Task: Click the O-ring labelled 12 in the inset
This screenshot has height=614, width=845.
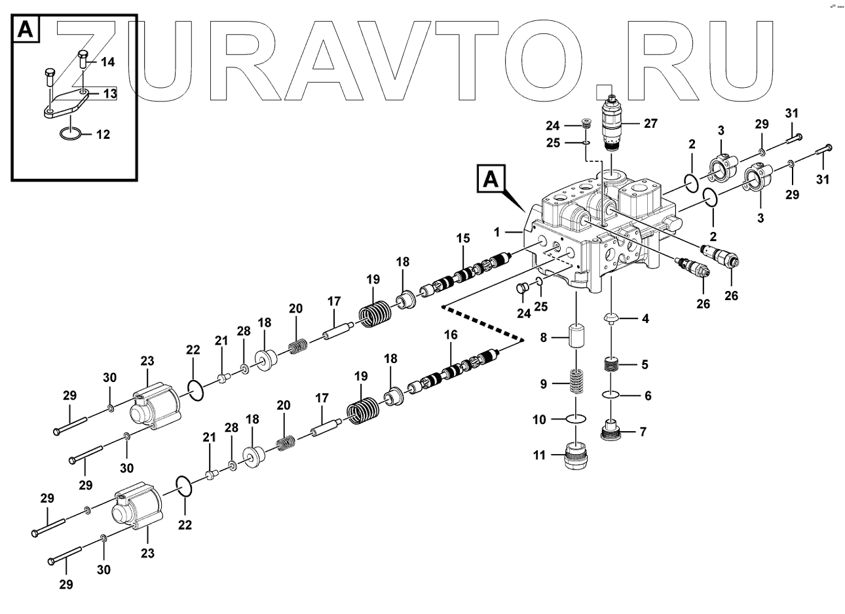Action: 70,134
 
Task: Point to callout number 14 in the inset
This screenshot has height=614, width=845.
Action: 107,62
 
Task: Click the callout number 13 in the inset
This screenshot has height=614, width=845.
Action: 109,94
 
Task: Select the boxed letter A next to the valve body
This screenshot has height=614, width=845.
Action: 491,178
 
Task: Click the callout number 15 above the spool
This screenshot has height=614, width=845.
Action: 463,238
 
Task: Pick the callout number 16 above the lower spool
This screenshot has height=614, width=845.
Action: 451,336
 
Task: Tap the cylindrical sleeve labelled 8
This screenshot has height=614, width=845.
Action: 576,336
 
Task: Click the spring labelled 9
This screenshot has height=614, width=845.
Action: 575,381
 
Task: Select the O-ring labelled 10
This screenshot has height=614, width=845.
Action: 576,418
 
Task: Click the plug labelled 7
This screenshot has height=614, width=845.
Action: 612,432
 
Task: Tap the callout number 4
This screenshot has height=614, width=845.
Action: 645,319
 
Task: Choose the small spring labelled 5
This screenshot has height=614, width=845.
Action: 612,364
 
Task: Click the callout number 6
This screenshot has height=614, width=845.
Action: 648,396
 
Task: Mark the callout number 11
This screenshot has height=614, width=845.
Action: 539,455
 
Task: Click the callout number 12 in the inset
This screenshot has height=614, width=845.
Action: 103,135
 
